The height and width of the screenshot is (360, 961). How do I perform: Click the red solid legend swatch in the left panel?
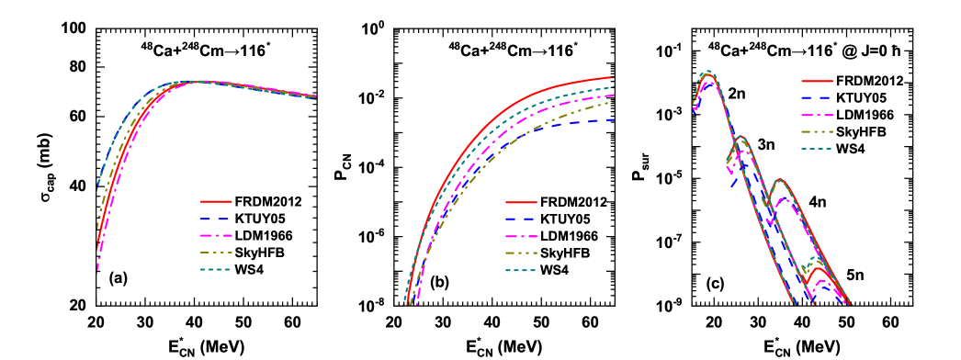tap(216, 201)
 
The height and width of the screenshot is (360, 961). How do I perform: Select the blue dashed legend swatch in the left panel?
tap(216, 219)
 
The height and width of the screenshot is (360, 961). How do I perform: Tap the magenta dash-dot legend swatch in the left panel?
tap(216, 236)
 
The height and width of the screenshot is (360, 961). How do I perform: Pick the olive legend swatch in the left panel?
tap(216, 253)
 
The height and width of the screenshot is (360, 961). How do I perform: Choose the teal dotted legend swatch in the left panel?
tap(216, 269)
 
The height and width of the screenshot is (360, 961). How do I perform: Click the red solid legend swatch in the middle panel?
tap(521, 202)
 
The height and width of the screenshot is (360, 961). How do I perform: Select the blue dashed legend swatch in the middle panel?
tap(521, 219)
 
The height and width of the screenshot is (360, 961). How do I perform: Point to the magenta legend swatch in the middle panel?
tap(521, 236)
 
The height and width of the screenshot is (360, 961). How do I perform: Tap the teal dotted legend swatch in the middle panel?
tap(521, 270)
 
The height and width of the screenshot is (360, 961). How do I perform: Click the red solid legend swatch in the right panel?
tap(817, 82)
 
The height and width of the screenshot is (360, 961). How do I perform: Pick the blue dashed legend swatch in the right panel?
tap(817, 97)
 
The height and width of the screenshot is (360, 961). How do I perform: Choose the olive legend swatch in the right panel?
tap(817, 131)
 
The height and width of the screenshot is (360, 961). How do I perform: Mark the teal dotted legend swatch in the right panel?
tap(817, 148)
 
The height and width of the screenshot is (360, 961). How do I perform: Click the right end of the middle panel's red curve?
tap(613, 77)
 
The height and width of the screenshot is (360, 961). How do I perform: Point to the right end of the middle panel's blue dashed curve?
tap(613, 119)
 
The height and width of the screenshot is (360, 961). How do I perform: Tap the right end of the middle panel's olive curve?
tap(613, 102)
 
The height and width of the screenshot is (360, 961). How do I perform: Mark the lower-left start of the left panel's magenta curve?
tap(97, 271)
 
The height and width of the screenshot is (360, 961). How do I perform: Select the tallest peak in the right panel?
tap(707, 72)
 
